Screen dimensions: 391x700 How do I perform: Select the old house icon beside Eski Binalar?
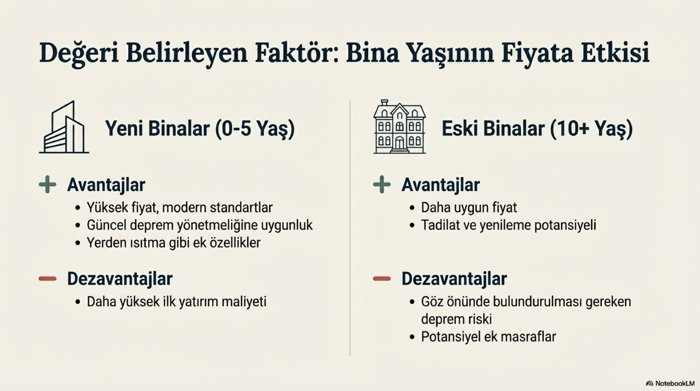pos(399,127)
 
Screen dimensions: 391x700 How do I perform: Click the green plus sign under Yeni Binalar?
pos(48,185)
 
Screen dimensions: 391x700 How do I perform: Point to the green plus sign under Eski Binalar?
pos(382,185)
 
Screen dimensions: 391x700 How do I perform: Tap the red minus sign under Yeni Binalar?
pos(48,279)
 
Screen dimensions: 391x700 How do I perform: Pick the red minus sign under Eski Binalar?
pos(382,279)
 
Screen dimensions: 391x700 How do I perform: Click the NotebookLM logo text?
pos(673,383)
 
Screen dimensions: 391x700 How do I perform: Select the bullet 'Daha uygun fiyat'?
pos(469,208)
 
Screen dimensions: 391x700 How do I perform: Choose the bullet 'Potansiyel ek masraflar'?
pos(488,337)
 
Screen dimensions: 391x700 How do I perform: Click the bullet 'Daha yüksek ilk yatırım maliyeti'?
pos(176,302)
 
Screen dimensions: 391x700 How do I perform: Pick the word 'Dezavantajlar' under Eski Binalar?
pos(454,279)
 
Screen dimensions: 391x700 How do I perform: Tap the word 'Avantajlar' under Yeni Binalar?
pos(106,185)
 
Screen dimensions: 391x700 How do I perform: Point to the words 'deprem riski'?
pos(456,319)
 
